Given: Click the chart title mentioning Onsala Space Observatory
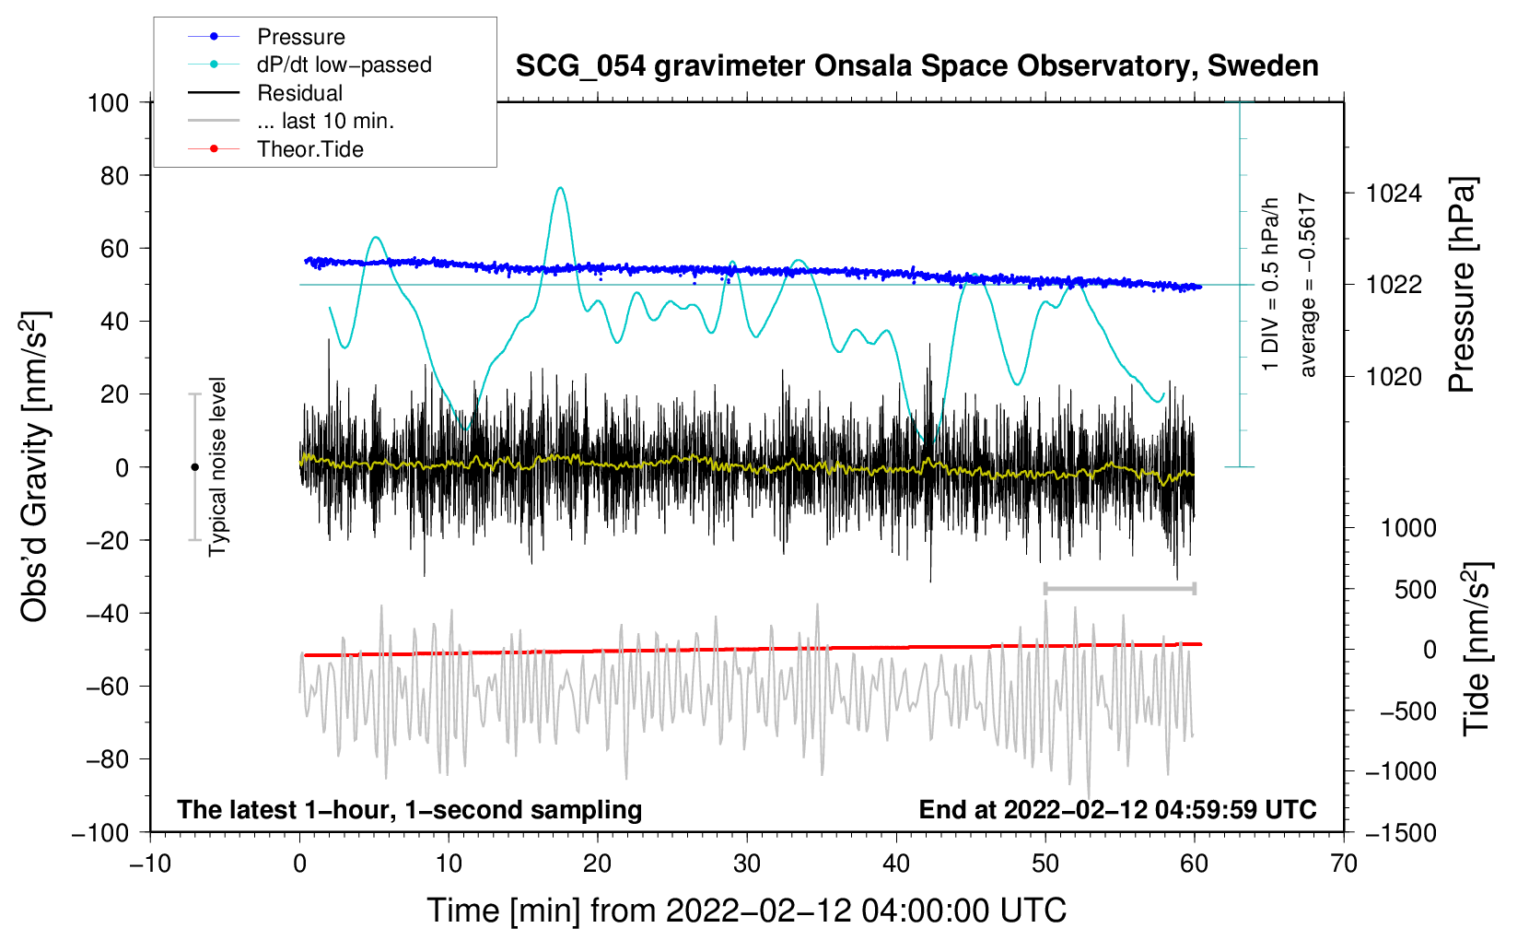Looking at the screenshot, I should click(x=916, y=66).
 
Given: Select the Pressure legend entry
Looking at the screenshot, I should click(x=300, y=37).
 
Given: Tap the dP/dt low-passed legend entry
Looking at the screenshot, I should click(x=344, y=65).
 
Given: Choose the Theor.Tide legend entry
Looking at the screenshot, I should click(x=309, y=149).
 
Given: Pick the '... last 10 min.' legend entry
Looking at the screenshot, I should click(x=325, y=121).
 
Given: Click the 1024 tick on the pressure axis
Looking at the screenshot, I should click(x=1394, y=194).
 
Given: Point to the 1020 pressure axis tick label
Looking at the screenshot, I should click(x=1394, y=377).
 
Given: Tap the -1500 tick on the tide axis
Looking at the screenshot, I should click(x=1400, y=832).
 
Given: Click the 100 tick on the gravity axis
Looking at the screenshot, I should click(x=108, y=102).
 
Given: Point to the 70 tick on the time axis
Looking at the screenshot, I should click(x=1344, y=864).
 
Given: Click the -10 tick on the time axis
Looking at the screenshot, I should click(x=150, y=864).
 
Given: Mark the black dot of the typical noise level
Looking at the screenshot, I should click(x=194, y=467).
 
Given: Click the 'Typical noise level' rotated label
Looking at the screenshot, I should click(x=217, y=466).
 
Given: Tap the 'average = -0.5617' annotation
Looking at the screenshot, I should click(x=1307, y=286).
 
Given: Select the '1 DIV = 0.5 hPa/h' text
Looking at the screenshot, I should click(x=1271, y=284).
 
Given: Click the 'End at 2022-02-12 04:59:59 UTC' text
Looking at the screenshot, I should click(x=1117, y=809).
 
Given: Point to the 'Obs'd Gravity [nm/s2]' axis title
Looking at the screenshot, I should click(x=35, y=466).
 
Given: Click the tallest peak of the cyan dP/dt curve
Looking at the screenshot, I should click(x=560, y=188).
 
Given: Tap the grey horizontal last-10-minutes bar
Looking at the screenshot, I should click(x=1119, y=588).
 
